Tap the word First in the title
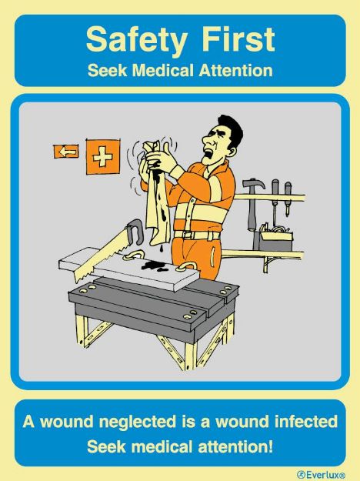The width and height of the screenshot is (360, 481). point(232,38)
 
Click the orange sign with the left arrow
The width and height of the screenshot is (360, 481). point(66,151)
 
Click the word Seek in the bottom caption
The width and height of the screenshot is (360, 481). point(104,445)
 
